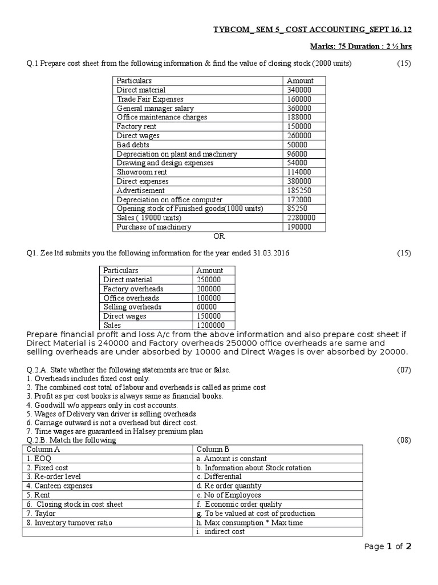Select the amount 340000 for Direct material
299,90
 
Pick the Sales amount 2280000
302,218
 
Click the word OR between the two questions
219,237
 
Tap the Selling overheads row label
132,307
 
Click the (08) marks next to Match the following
404,440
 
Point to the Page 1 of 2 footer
387,547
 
